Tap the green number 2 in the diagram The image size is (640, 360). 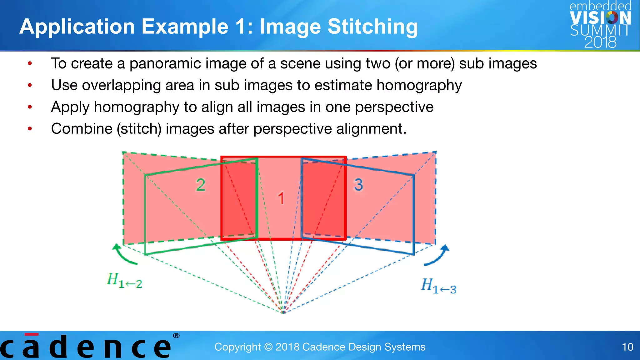pos(201,185)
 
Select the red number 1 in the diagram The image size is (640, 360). pos(281,198)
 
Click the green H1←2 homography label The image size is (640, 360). pos(124,280)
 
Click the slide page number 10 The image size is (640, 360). pos(627,347)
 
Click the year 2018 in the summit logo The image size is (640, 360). pos(600,42)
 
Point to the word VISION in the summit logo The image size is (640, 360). pos(600,18)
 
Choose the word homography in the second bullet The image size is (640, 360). pos(419,86)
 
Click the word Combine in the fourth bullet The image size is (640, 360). pos(82,129)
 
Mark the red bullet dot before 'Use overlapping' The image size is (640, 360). pos(30,85)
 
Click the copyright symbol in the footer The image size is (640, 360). pos(268,347)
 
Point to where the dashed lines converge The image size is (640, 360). pos(283,312)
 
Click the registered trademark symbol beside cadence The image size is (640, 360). pos(176,336)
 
